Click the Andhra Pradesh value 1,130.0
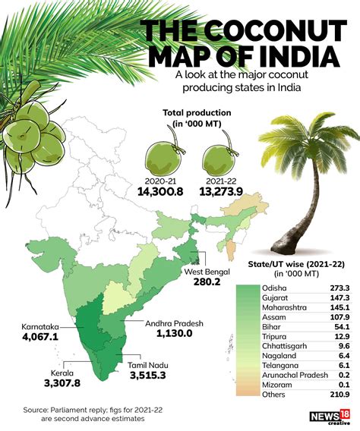click(175, 333)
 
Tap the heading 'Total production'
click(194, 113)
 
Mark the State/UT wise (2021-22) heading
click(297, 263)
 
